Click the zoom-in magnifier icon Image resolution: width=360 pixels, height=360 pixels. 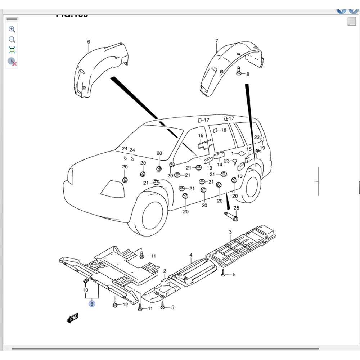[12, 29]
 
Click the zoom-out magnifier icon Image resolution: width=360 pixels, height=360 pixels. [12, 40]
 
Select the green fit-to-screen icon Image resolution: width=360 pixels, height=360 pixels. [12, 50]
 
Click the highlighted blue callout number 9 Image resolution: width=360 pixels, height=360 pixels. [92, 304]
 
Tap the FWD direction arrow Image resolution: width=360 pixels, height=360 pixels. [72, 318]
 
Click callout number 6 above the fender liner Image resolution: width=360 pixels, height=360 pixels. [89, 42]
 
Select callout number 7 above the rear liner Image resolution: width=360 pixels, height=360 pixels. [216, 41]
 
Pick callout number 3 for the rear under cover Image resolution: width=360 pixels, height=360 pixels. [230, 233]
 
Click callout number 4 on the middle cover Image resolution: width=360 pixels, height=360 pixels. [191, 255]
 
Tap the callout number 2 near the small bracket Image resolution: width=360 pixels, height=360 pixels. [165, 271]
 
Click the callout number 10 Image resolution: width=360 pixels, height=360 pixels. [85, 290]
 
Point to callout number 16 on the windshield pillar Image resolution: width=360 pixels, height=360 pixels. [201, 136]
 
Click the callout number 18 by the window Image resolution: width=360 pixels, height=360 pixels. [224, 130]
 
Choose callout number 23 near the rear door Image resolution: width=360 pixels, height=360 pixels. [226, 161]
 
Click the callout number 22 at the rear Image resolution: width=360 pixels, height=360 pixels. [257, 137]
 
